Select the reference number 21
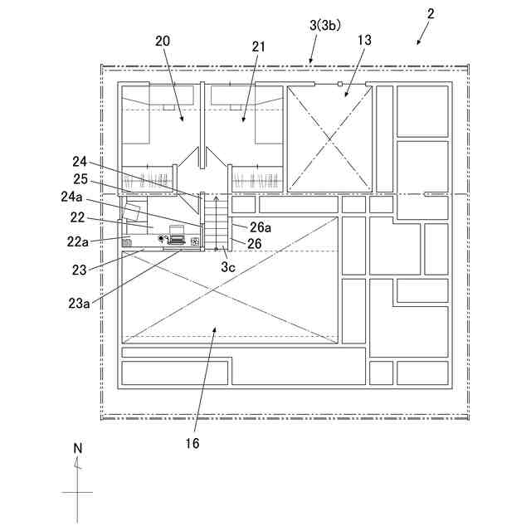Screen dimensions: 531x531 coord(259,46)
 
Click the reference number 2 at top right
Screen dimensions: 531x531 coord(431,14)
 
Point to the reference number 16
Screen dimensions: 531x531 coord(192,444)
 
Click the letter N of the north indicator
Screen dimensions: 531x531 coord(78,448)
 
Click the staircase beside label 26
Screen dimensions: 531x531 coord(215,222)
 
